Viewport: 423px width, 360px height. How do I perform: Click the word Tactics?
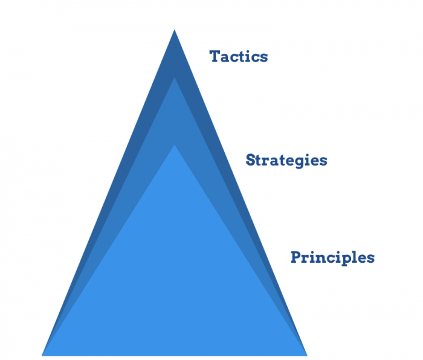point(239,57)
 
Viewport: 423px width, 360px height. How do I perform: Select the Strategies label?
point(286,161)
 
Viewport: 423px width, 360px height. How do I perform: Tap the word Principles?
point(332,257)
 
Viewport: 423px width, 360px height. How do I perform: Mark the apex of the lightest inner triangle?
point(175,146)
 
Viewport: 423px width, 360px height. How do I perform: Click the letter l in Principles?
point(354,257)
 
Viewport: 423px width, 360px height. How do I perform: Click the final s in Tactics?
point(263,57)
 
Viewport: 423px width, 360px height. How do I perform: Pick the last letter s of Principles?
point(370,258)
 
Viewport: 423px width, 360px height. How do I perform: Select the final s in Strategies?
point(323,161)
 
